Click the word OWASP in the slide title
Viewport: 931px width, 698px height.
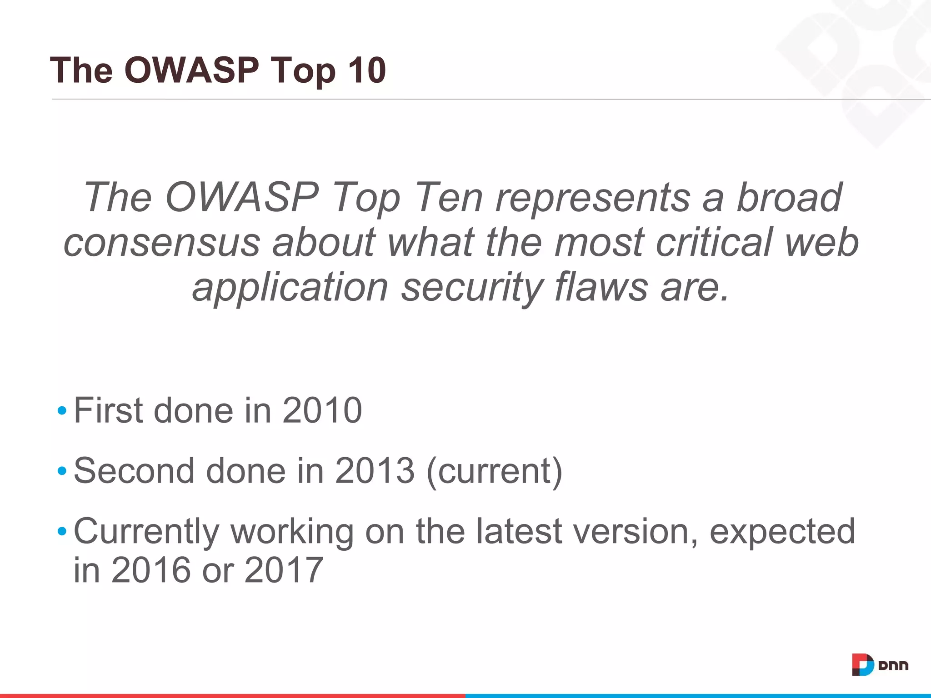(191, 70)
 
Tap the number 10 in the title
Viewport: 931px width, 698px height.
(366, 70)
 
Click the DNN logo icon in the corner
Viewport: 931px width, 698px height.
(862, 664)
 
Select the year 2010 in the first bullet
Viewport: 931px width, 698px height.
(322, 410)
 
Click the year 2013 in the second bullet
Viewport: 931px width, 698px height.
(375, 471)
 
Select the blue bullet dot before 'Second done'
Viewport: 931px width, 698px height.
(62, 471)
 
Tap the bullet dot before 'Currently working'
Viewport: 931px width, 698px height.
(62, 531)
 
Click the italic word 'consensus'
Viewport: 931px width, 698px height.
(161, 243)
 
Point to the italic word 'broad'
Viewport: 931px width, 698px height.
(789, 197)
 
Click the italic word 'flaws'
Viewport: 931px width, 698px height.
(601, 287)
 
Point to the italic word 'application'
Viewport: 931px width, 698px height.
(290, 288)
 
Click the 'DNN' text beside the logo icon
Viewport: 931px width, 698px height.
(893, 666)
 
